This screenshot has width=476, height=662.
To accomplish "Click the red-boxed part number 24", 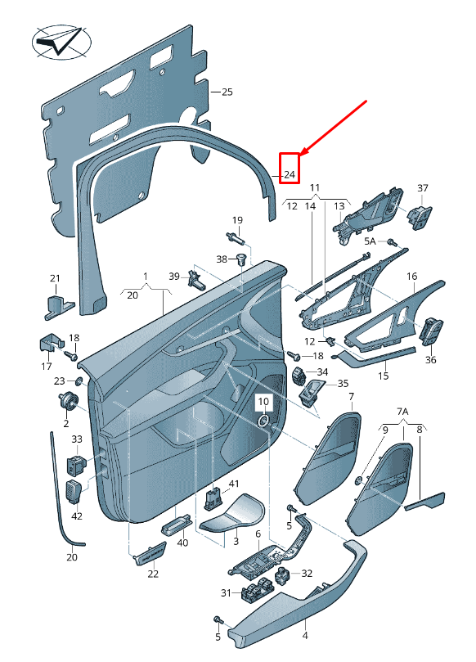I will pyautogui.click(x=290, y=175).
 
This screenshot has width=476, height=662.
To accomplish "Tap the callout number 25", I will pyautogui.click(x=227, y=92).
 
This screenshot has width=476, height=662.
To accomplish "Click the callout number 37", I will pyautogui.click(x=423, y=188).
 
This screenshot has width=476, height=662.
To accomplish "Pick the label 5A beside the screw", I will pyautogui.click(x=370, y=241).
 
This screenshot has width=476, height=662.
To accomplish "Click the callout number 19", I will pyautogui.click(x=237, y=220).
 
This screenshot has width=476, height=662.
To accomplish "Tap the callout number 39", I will pyautogui.click(x=173, y=277).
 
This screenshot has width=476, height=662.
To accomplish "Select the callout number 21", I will pyautogui.click(x=55, y=279).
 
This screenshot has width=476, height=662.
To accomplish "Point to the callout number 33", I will pyautogui.click(x=77, y=439).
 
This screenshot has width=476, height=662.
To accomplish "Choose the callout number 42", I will pyautogui.click(x=77, y=516).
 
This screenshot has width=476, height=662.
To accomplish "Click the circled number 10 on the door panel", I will pyautogui.click(x=263, y=402).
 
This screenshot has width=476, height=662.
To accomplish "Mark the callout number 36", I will pyautogui.click(x=431, y=360).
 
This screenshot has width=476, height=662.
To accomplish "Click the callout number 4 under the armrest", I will pyautogui.click(x=305, y=635).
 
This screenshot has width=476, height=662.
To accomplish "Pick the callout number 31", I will pyautogui.click(x=226, y=592).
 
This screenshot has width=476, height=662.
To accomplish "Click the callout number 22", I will pyautogui.click(x=153, y=574).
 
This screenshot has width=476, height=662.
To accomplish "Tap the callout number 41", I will pyautogui.click(x=233, y=484).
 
